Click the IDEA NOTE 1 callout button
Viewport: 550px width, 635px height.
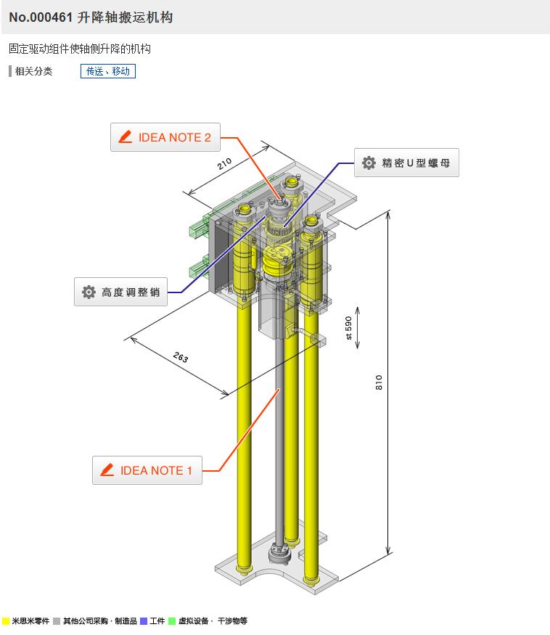147,470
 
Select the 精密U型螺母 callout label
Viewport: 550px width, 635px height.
407,163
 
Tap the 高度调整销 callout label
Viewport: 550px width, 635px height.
121,292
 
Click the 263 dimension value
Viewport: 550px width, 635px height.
181,358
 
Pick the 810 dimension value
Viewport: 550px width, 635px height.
379,382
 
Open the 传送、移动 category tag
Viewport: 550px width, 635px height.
108,71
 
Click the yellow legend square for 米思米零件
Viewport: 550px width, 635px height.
6,621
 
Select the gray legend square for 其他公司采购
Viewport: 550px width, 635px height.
57,621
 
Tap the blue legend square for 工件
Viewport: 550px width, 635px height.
144,621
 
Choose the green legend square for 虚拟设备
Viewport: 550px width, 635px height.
172,621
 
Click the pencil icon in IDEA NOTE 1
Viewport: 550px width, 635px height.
108,470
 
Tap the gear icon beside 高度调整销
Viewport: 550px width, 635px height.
89,292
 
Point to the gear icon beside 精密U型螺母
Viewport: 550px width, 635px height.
369,163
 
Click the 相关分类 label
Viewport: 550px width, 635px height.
33,71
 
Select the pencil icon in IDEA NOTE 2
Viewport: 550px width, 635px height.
126,137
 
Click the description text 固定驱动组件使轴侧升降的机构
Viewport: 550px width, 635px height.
80,49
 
